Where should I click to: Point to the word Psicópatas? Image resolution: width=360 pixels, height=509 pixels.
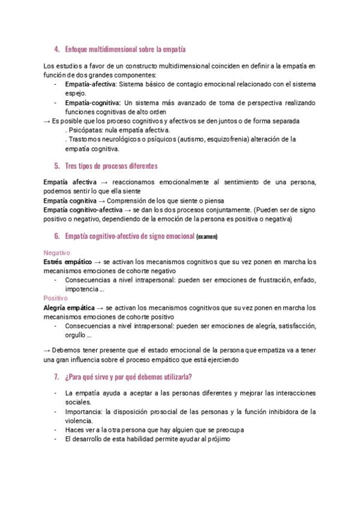click(87, 130)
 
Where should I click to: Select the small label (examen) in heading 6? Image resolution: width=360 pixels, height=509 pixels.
click(207, 237)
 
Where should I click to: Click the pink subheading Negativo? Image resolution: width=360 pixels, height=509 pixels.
click(57, 253)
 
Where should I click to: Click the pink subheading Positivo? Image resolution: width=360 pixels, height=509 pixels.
click(56, 298)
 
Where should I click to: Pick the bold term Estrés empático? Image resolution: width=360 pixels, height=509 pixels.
click(67, 262)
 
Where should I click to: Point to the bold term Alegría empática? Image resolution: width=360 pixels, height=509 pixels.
click(69, 308)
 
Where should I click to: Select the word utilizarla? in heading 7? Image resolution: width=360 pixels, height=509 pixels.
click(174, 377)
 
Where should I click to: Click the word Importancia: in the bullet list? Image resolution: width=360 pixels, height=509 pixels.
click(83, 412)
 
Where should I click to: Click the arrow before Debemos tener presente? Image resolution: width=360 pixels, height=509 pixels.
click(47, 351)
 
